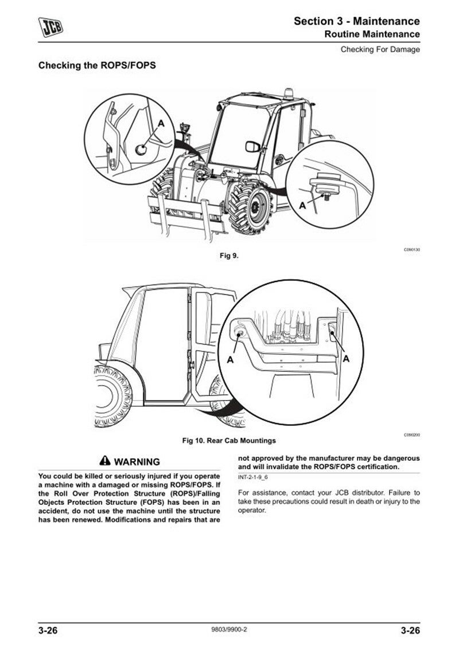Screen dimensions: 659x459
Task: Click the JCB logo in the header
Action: [51, 26]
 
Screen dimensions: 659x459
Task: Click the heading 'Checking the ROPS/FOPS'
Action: [97, 65]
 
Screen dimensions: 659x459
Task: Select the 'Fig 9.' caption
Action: [229, 256]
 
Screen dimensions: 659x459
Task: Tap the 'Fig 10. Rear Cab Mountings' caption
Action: [229, 441]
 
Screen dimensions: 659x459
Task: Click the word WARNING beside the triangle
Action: [137, 462]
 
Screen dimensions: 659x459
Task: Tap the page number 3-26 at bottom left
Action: [50, 632]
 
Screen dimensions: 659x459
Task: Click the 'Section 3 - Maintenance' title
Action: [356, 21]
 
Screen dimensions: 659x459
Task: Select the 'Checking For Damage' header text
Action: [380, 49]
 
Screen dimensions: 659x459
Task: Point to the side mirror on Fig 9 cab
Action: [252, 146]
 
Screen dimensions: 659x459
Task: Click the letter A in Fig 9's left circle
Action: [161, 123]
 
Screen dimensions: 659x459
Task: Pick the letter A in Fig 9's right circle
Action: [302, 205]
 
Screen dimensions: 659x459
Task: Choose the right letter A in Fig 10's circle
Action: [346, 359]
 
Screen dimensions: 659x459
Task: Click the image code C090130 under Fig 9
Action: [411, 249]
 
